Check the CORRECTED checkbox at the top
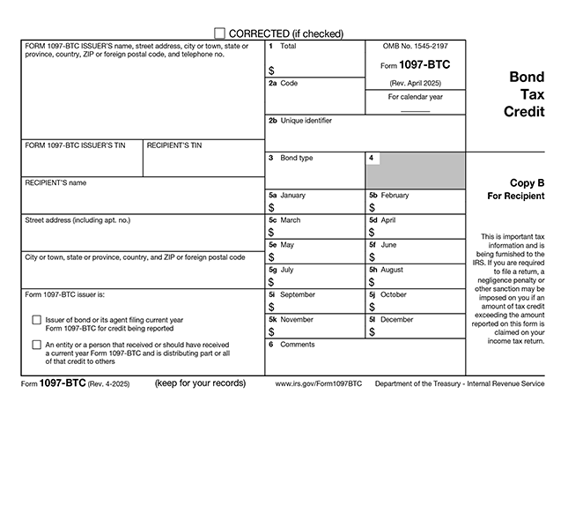pos(219,33)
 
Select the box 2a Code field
pos(315,99)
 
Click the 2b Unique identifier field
pos(365,137)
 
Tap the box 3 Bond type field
pos(315,174)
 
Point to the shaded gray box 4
pos(415,171)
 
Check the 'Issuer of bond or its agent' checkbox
pos(36,320)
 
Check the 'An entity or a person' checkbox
pos(36,345)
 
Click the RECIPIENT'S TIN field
pos(203,162)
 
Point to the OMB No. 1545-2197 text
pos(415,45)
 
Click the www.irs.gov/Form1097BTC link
pos(319,384)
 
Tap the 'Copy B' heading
pos(527,183)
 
